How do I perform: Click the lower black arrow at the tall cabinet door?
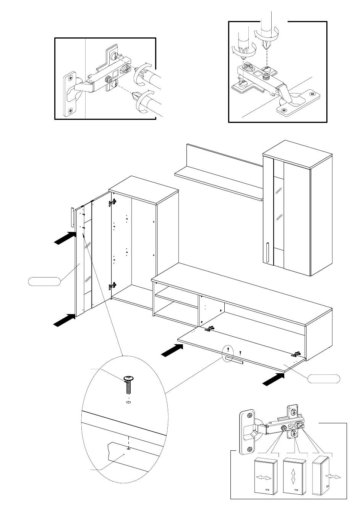[64, 320]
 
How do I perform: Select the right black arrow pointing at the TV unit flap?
[274, 379]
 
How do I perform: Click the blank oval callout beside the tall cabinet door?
[44, 282]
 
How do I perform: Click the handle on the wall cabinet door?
[268, 252]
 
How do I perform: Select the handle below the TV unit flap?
[234, 361]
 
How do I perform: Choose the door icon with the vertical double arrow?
[294, 477]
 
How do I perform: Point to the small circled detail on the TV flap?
[228, 355]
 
